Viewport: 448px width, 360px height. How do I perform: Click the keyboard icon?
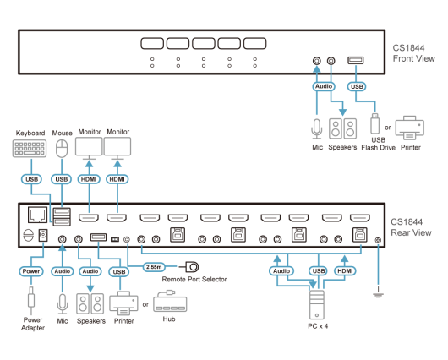point(30,148)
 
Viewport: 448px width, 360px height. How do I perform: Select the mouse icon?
point(62,149)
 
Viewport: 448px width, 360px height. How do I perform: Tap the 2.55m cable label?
point(154,267)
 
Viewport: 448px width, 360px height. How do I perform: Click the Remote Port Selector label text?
point(194,279)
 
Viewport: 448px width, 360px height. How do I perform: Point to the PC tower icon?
point(317,305)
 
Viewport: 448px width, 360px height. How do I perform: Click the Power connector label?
point(31,271)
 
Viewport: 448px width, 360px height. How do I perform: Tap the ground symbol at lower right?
point(378,293)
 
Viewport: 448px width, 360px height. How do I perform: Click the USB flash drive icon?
point(374,123)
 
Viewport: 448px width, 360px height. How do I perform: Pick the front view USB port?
point(356,60)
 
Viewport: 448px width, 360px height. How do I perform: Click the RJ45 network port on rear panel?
point(38,215)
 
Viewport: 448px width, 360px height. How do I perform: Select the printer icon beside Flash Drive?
point(410,128)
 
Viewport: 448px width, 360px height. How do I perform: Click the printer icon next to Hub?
point(123,303)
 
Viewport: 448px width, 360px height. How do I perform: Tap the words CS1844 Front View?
point(413,53)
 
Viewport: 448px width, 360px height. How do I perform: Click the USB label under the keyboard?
point(31,179)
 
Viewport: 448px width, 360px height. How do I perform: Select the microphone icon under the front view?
point(317,129)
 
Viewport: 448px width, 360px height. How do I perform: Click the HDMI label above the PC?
point(345,271)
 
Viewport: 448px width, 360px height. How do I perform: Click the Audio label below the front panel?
point(324,86)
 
